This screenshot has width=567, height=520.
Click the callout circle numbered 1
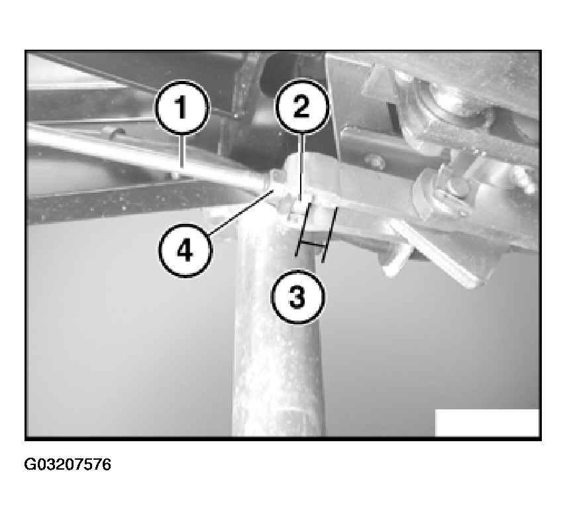(183, 108)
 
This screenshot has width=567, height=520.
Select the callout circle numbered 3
(298, 297)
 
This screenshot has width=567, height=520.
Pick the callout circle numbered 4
(185, 250)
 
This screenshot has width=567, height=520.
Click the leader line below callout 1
(182, 152)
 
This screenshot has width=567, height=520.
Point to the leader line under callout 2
(302, 167)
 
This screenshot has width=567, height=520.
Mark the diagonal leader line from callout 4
(240, 211)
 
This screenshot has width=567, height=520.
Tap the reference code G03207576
(68, 465)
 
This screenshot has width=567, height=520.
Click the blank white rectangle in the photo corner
(487, 423)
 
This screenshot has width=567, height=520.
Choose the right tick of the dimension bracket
(329, 234)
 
